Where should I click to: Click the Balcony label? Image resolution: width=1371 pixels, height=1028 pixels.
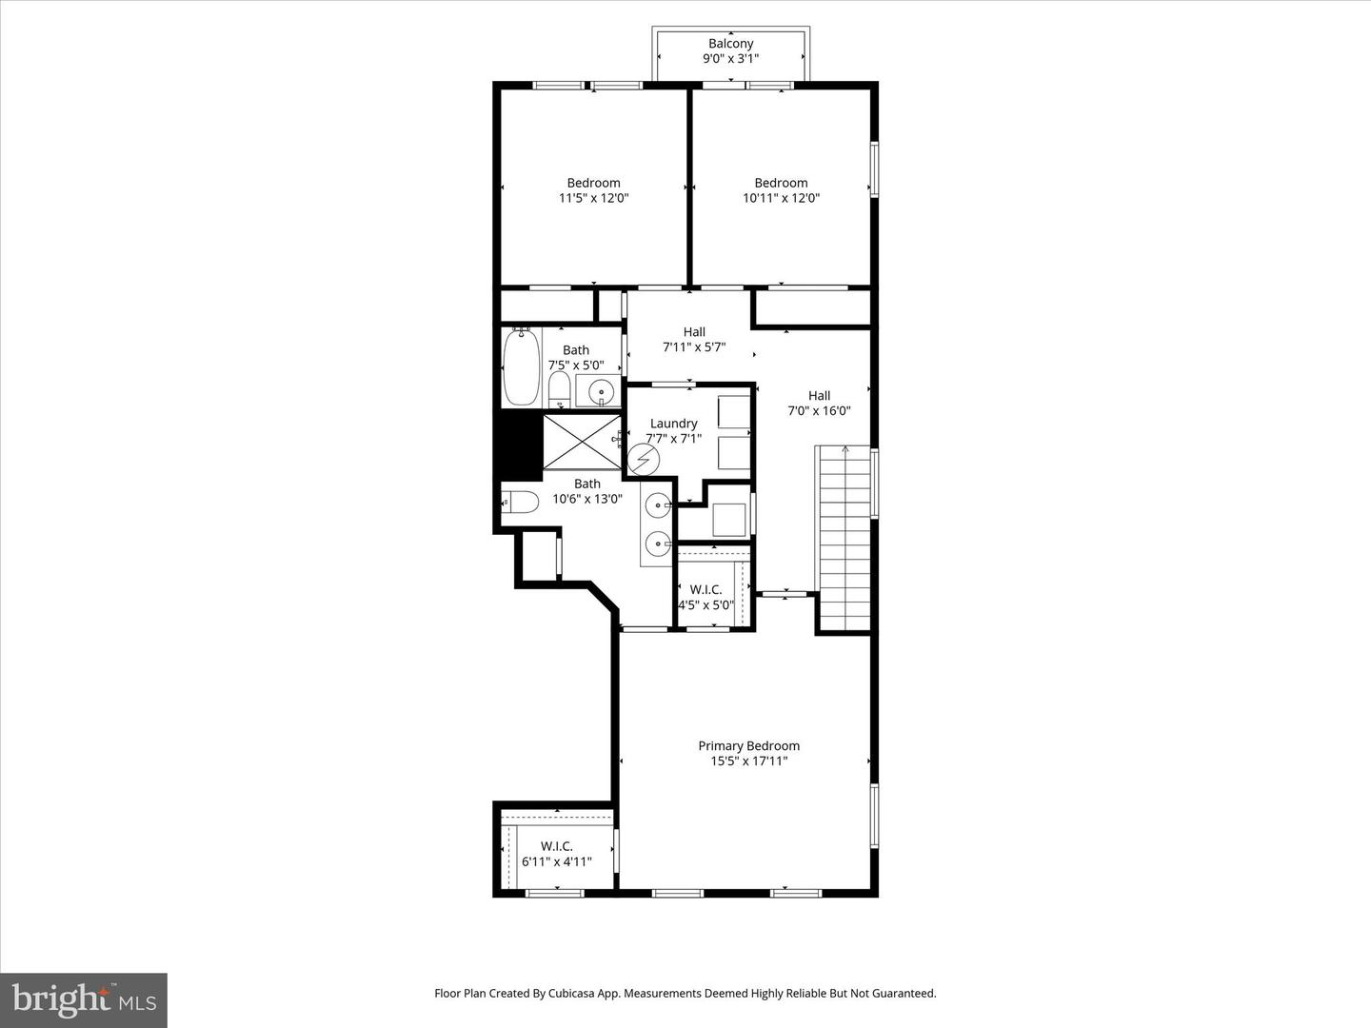pos(731,44)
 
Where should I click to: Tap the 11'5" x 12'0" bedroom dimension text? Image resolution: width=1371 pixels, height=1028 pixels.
pos(593,199)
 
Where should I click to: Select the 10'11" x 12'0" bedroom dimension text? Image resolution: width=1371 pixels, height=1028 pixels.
pos(781,199)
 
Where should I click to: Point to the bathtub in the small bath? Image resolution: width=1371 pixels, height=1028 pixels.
pos(522,367)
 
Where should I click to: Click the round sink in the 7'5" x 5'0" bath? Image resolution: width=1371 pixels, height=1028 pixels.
pos(601,391)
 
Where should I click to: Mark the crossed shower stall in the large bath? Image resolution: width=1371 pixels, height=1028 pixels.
pos(582,443)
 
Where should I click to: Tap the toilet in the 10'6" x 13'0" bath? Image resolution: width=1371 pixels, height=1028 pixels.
pos(520,502)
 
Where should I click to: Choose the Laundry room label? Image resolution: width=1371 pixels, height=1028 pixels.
pos(673,424)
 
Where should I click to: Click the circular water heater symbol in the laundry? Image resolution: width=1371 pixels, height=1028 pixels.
pos(644,460)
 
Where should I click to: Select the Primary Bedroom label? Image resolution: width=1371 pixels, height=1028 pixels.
pos(749,746)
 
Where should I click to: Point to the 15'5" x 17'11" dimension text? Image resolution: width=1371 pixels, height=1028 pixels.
pos(749,761)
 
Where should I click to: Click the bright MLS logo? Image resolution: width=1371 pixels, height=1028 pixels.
pos(84,1000)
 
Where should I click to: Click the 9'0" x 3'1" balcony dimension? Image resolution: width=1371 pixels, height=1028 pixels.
pos(731,59)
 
